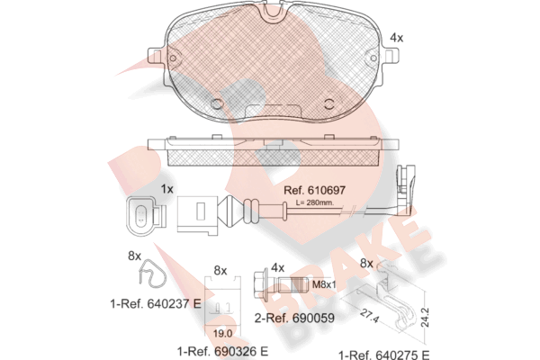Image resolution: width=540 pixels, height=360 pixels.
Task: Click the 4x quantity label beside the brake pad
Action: [396, 38]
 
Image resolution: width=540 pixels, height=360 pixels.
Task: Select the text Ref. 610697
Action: [314, 190]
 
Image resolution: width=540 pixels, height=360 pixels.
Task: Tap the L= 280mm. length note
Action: [315, 202]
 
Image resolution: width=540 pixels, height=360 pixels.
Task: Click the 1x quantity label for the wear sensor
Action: [167, 189]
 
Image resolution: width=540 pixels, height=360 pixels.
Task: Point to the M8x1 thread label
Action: [324, 284]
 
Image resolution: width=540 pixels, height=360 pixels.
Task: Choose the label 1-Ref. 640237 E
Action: [156, 304]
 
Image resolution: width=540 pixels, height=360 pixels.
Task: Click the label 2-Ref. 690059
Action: [294, 318]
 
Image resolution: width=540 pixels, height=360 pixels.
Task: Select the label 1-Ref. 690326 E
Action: [222, 351]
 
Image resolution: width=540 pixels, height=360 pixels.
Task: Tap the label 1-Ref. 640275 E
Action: [384, 355]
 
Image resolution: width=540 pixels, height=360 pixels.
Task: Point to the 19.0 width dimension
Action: [222, 334]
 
